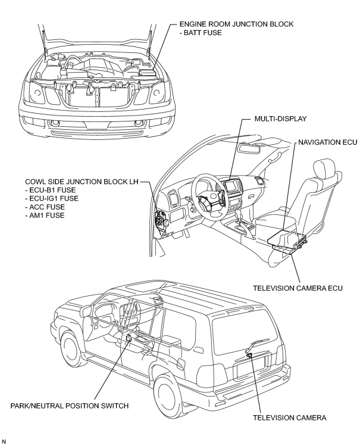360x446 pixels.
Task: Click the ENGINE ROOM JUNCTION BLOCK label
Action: click(236, 24)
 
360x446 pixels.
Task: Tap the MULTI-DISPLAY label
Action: click(280, 118)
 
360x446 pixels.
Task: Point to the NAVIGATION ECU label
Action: click(328, 142)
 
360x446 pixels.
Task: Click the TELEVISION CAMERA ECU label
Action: click(298, 288)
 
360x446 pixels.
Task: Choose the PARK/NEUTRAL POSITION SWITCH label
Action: click(70, 406)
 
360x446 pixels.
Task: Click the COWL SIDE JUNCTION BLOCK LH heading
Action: click(82, 182)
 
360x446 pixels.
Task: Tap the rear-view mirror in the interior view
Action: click(250, 149)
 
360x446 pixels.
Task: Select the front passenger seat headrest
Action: click(324, 168)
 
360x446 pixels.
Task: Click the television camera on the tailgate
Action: click(250, 355)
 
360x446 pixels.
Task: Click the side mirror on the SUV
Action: click(86, 312)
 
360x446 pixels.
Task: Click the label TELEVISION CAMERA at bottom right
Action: click(290, 417)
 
